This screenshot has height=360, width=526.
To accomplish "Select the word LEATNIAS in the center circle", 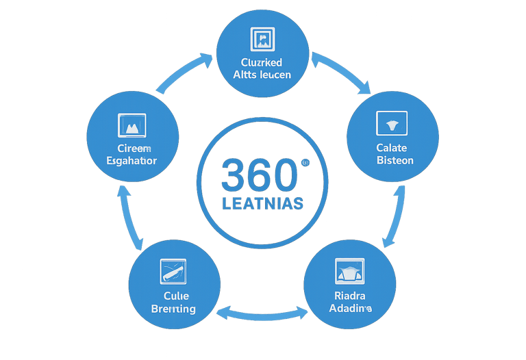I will coord(263,204).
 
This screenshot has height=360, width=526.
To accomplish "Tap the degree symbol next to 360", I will coord(304,163).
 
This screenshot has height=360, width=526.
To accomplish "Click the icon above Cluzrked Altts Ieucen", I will coord(263,40).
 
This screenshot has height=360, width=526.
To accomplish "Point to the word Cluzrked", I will coord(262,63).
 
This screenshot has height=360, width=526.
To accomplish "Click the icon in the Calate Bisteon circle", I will coord(392,123).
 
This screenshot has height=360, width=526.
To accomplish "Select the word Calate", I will coord(392,148).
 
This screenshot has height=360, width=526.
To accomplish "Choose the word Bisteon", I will coord(395,160).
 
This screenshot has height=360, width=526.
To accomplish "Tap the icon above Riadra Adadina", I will coord(351,272).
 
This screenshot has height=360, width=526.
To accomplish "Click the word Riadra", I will coord(350,296).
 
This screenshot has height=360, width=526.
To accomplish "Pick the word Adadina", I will coord(350,309).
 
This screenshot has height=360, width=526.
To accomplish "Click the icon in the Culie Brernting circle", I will coord(173,272).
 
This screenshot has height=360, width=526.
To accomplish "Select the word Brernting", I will coord(173,309).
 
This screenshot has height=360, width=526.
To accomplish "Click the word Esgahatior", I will coord(132,161).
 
